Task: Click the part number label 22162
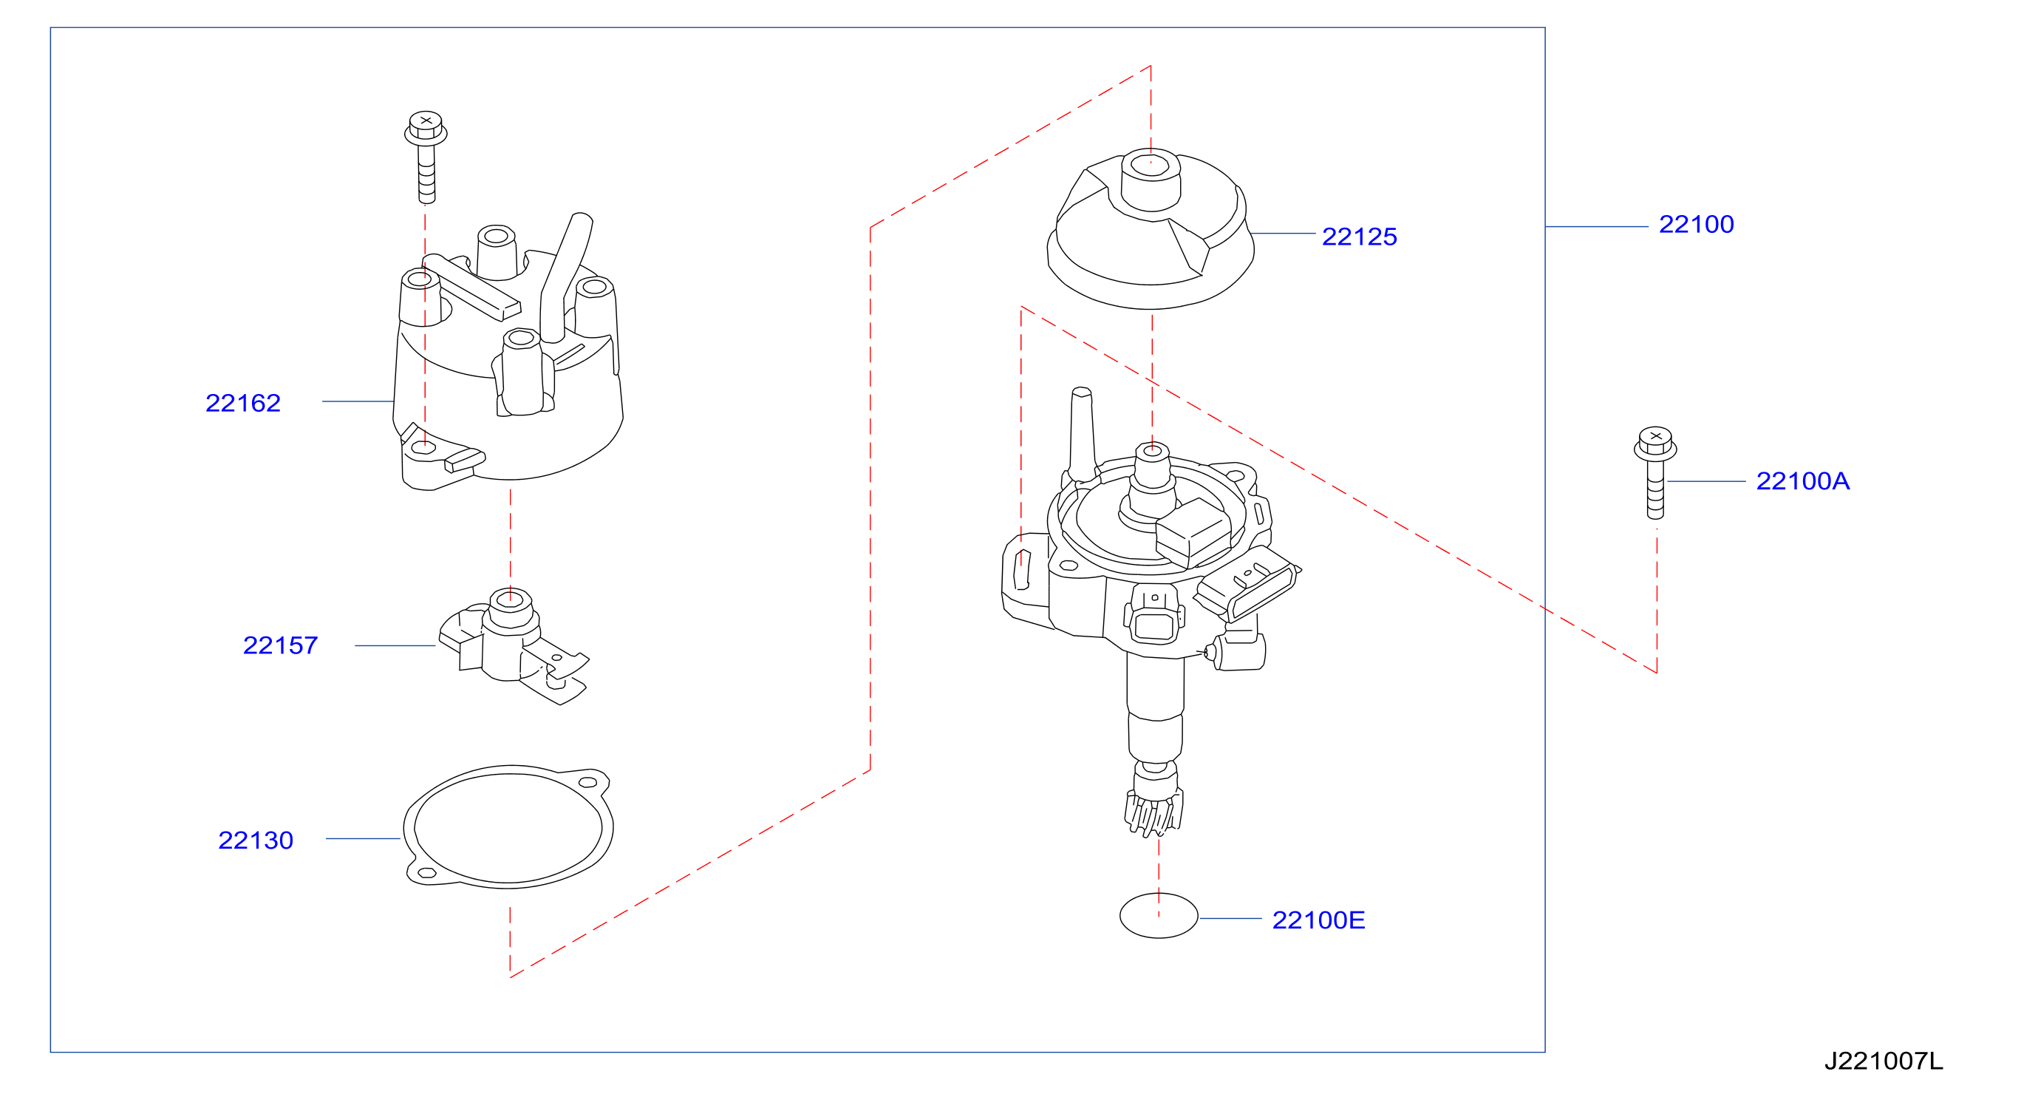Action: pos(242,404)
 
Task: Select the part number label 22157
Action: pos(280,646)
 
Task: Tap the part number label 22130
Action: pos(255,841)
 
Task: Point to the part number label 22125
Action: pos(1359,237)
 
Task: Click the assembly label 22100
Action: pos(1695,225)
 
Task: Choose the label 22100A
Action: pos(1802,481)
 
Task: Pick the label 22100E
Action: pos(1318,920)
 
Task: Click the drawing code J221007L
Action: pos(1883,1062)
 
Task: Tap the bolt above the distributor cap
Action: pos(425,157)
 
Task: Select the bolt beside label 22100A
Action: pos(1654,473)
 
